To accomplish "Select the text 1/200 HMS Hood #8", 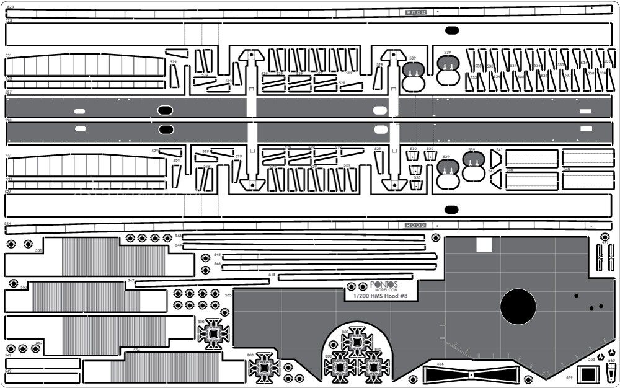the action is (x=379, y=296).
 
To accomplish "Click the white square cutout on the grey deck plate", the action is (x=484, y=245).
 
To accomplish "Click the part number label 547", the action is (x=131, y=281).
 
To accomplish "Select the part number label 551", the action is (x=38, y=250).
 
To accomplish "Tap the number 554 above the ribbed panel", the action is (x=136, y=350).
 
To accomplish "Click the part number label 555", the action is (x=228, y=295).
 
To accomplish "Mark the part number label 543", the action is (x=178, y=236).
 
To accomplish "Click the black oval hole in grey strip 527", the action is (x=165, y=111).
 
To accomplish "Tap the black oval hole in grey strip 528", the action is (x=165, y=130).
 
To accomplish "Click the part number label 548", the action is (x=272, y=274).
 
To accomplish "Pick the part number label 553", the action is (x=24, y=287).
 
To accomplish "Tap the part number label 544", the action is (x=178, y=245).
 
